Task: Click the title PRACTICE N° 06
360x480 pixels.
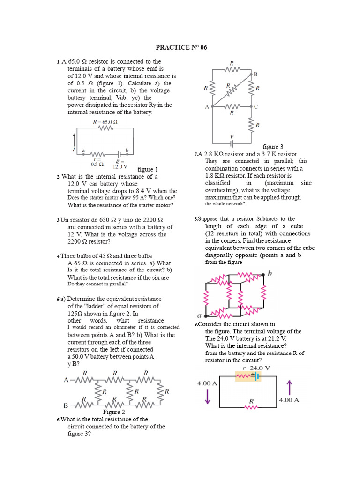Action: click(x=181, y=48)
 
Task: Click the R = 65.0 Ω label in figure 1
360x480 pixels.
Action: click(x=105, y=122)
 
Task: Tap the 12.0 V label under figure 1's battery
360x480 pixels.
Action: click(x=120, y=166)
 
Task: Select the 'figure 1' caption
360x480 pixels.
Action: click(x=148, y=169)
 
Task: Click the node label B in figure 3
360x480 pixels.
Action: click(x=255, y=75)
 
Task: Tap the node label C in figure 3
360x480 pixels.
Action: click(x=256, y=107)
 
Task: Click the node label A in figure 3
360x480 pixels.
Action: click(x=206, y=107)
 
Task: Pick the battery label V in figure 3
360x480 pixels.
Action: click(x=231, y=136)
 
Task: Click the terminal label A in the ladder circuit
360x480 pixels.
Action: click(x=66, y=380)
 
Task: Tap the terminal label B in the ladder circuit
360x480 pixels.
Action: click(x=66, y=405)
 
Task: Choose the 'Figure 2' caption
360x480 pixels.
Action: click(x=114, y=412)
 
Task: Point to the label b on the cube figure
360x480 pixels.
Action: click(x=270, y=273)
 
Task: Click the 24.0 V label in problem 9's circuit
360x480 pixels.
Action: click(x=260, y=368)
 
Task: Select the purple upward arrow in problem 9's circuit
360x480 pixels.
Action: click(x=289, y=388)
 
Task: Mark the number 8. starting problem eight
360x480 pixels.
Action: click(x=196, y=219)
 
